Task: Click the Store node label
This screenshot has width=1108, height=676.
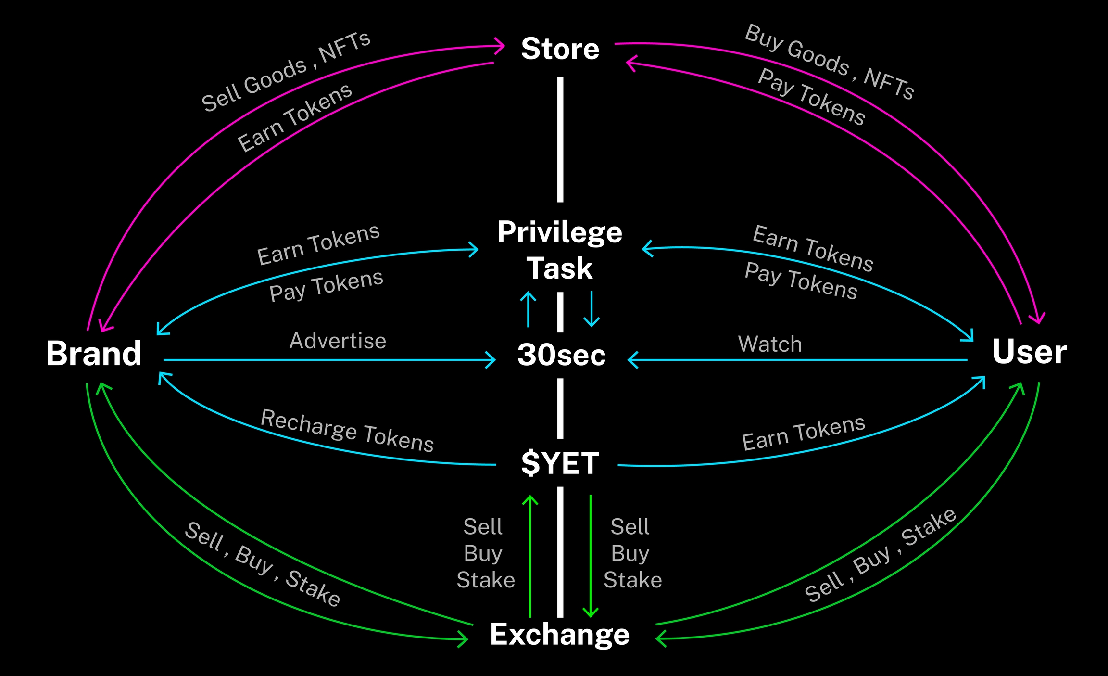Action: coord(560,49)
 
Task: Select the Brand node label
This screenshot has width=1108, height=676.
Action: coord(94,354)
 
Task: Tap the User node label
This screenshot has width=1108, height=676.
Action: coord(1029,352)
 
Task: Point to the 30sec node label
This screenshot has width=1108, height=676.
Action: coord(561,355)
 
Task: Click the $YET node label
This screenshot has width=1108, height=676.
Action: coord(560,463)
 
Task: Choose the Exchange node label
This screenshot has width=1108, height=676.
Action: coord(560,634)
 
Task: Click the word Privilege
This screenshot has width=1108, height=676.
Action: coord(560,233)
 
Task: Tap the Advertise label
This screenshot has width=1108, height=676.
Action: coord(338,341)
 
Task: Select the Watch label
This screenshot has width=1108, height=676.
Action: coord(770,344)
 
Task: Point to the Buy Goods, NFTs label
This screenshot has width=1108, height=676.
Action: coord(829,62)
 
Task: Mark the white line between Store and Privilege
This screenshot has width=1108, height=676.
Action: coord(560,140)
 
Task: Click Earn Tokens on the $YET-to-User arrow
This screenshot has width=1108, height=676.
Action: coord(803,433)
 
